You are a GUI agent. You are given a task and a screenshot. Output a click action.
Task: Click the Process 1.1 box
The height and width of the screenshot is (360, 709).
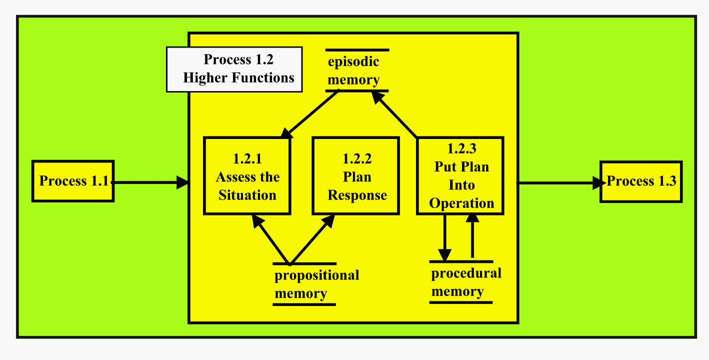click(x=73, y=181)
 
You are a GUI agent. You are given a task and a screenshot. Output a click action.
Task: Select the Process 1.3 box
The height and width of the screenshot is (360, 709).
click(x=641, y=181)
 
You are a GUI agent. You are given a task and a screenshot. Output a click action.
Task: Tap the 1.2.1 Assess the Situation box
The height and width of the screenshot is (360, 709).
click(x=247, y=176)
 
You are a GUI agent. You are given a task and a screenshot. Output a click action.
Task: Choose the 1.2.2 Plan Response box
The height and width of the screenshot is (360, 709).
click(x=355, y=176)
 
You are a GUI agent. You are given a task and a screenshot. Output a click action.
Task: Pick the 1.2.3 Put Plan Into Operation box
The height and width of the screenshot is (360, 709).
click(x=460, y=175)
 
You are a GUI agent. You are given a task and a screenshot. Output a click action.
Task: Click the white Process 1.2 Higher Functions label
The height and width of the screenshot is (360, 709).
click(x=234, y=69)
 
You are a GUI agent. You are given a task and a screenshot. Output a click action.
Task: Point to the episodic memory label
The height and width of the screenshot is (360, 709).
click(x=354, y=70)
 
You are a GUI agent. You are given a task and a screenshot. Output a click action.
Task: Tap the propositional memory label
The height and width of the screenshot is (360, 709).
click(x=316, y=284)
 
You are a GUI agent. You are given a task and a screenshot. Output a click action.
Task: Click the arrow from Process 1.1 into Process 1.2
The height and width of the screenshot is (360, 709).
click(x=150, y=182)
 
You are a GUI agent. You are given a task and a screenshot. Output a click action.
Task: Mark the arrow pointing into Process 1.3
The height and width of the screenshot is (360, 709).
click(x=560, y=183)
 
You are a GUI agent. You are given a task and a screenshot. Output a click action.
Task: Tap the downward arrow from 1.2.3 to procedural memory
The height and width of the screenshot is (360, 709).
click(x=444, y=237)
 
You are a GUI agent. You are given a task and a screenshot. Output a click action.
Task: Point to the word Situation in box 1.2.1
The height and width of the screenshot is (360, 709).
click(x=247, y=195)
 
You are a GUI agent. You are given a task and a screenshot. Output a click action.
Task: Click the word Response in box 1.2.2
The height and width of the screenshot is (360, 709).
click(x=356, y=195)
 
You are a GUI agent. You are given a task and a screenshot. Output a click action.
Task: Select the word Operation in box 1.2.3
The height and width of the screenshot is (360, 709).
click(x=461, y=203)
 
